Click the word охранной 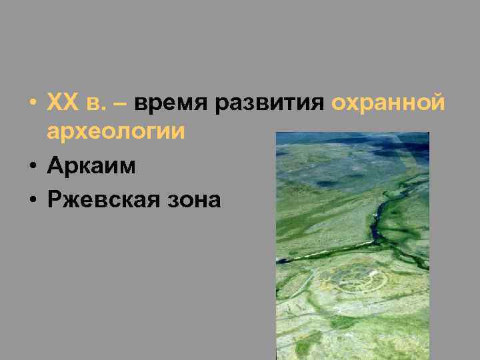(387, 103)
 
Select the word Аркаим (91, 166)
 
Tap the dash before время (125, 104)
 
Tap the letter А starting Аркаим (55, 166)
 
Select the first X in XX (53, 103)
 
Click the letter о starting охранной (338, 104)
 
